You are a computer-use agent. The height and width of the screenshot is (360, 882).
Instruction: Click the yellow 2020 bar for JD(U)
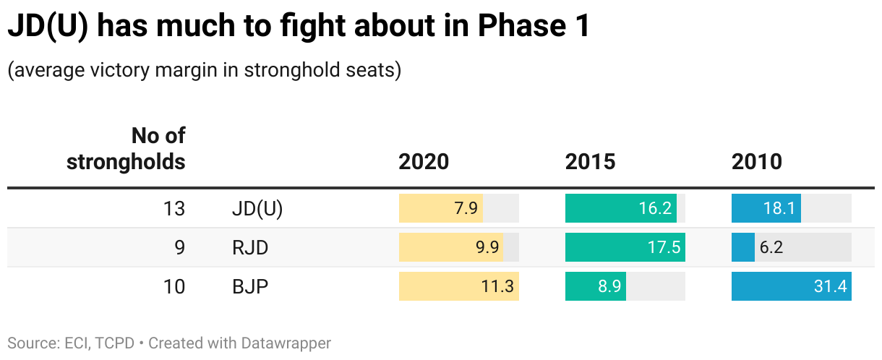coord(440,209)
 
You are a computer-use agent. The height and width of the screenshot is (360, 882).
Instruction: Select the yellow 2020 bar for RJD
coord(450,248)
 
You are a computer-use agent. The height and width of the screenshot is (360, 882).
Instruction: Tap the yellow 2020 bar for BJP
coord(458,287)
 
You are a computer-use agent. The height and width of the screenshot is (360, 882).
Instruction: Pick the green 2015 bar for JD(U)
coord(620,209)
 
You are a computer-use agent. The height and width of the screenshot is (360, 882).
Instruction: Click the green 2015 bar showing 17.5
coord(625,248)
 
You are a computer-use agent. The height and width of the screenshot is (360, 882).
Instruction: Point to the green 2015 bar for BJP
coord(595,287)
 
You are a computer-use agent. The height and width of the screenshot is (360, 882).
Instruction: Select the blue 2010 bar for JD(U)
coord(766,209)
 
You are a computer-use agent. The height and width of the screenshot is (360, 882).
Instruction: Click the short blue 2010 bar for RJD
coord(742,248)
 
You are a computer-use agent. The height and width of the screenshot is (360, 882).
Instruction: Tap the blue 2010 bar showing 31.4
coord(791,287)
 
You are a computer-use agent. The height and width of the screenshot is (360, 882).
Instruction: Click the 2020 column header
coord(424,161)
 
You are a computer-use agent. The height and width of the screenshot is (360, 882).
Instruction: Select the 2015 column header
coord(590,161)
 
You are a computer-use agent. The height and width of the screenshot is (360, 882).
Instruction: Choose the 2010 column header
coord(756,161)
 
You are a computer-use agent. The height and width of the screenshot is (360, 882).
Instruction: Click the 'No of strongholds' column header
coord(126,149)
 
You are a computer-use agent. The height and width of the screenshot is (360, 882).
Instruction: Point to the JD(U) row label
coord(257,209)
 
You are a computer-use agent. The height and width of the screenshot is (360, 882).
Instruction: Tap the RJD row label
coord(250,248)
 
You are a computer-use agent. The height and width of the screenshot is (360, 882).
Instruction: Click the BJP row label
coord(250,287)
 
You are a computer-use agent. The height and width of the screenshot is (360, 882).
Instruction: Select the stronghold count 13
coord(174,209)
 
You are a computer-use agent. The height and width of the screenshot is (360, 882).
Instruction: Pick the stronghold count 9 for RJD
coord(179,248)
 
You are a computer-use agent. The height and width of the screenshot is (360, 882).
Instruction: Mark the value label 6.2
coord(771,248)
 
